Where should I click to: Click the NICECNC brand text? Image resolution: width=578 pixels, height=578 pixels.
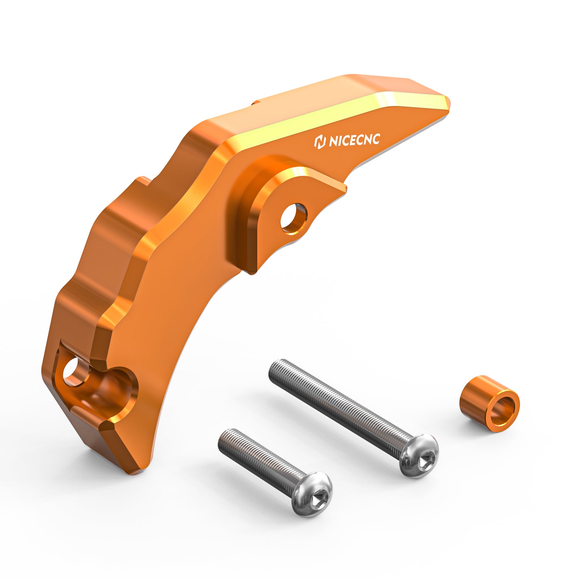tap(354, 140)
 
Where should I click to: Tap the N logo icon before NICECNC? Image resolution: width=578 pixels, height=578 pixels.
tap(320, 142)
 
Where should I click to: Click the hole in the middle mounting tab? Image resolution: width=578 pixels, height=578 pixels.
tap(293, 217)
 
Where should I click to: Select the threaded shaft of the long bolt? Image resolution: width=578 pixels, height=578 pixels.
tap(336, 401)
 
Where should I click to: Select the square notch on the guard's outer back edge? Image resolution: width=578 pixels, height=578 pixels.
tap(143, 181)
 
